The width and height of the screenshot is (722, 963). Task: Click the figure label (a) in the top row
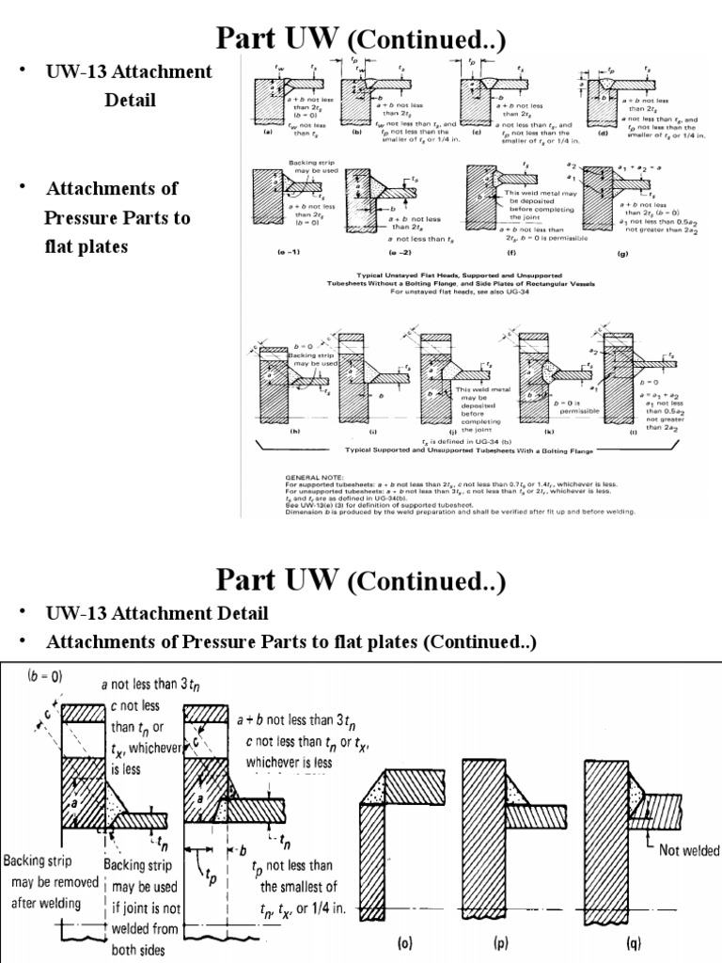[268, 133]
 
